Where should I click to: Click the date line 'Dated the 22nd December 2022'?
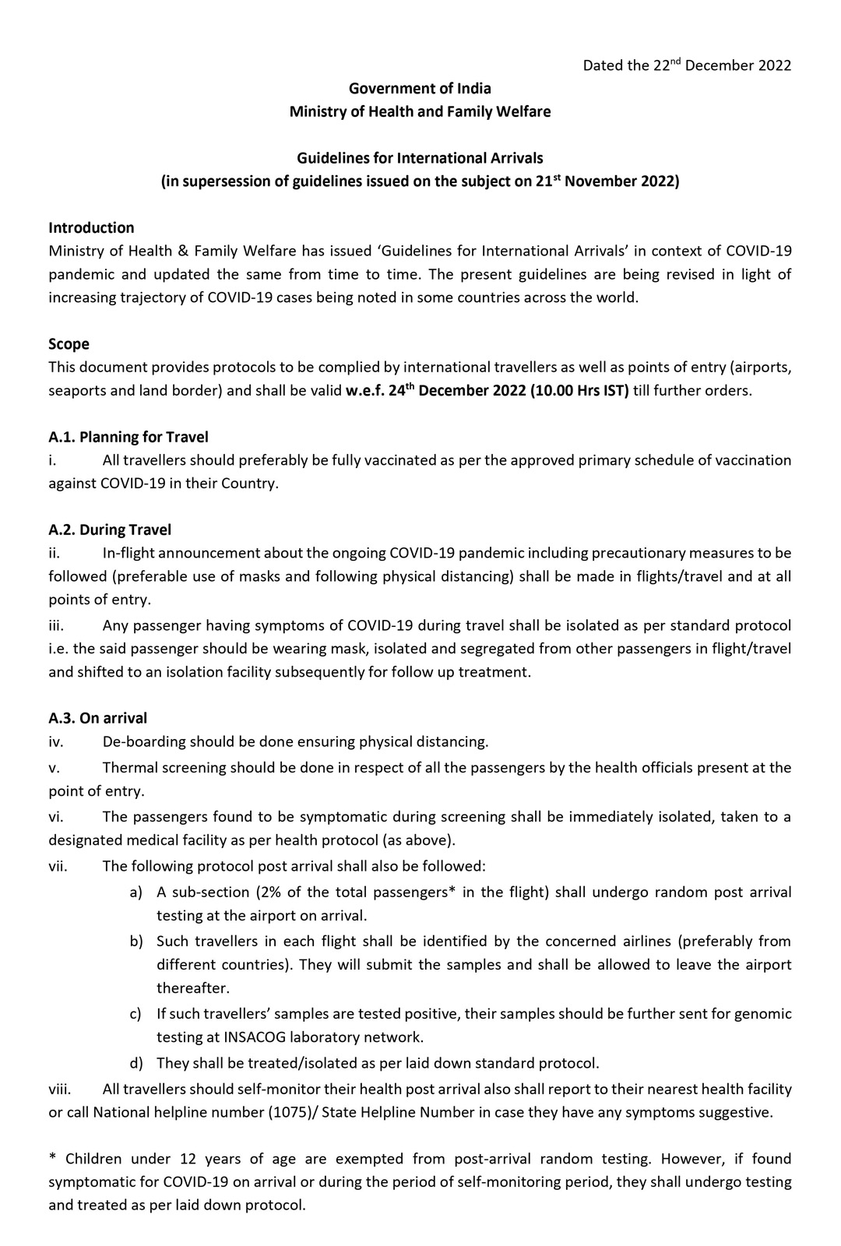(687, 65)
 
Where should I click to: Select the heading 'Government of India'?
(420, 88)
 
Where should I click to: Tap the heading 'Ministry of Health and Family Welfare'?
(420, 111)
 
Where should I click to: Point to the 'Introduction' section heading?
(91, 227)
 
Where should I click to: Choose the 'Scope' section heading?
(69, 343)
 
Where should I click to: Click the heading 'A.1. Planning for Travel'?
(128, 437)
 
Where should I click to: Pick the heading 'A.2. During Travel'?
(110, 530)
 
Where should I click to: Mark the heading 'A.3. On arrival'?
(97, 717)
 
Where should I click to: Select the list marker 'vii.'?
(58, 865)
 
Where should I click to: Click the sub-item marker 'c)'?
(135, 1013)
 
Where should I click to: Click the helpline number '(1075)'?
(290, 1112)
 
